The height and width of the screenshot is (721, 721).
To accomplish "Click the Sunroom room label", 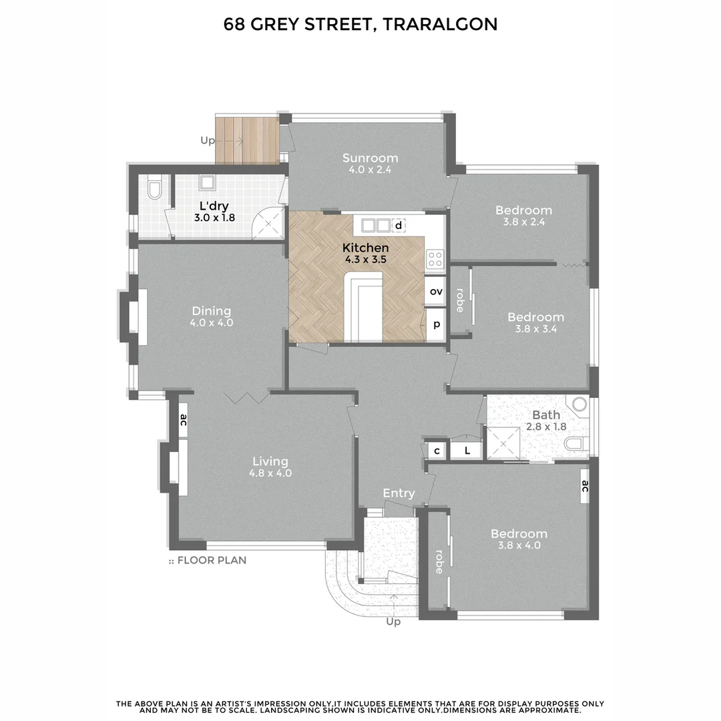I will click(370, 158).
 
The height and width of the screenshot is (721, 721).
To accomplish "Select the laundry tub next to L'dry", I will click(208, 182).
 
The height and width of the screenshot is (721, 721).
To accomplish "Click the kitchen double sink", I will click(376, 225).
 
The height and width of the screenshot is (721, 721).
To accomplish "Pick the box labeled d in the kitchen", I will click(399, 226).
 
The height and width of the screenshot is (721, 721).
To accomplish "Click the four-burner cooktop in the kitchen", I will click(435, 257).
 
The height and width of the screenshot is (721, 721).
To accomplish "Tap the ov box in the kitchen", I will click(436, 291).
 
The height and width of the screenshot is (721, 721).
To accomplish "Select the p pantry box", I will click(437, 324).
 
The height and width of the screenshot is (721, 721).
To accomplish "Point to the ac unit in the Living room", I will click(183, 420).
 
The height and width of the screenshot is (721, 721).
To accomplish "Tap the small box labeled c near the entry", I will click(437, 451).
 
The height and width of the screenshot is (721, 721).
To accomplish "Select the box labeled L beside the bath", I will click(467, 451).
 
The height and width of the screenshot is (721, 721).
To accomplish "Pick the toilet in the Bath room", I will click(576, 443).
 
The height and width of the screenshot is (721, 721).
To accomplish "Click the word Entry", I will click(399, 493).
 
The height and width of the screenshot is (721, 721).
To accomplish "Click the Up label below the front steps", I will click(393, 622).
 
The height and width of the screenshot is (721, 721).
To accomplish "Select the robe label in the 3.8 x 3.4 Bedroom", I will click(459, 300).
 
